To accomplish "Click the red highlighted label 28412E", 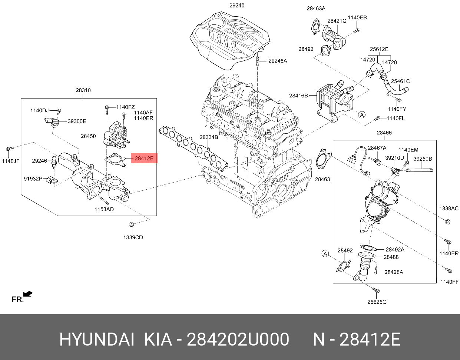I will pyautogui.click(x=144, y=159).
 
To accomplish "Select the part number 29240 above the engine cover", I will pyautogui.click(x=236, y=6).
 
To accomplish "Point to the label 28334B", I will pyautogui.click(x=209, y=137).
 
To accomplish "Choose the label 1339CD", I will pyautogui.click(x=133, y=237).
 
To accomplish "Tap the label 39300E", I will pyautogui.click(x=77, y=121).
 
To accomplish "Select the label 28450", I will pyautogui.click(x=88, y=136).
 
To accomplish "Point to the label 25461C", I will pyautogui.click(x=400, y=81).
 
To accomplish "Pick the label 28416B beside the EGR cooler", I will pyautogui.click(x=298, y=96).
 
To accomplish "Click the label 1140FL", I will pyautogui.click(x=396, y=118).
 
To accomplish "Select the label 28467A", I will pyautogui.click(x=377, y=148).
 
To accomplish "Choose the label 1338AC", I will pyautogui.click(x=449, y=209).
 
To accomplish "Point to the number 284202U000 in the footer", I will pyautogui.click(x=238, y=339).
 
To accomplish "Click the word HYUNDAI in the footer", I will pyautogui.click(x=97, y=339).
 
